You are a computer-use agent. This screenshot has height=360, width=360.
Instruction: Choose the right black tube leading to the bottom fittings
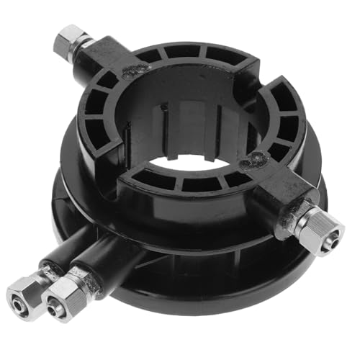[x=108, y=259]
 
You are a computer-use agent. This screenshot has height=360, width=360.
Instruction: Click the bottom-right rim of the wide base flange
[x=288, y=266]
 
